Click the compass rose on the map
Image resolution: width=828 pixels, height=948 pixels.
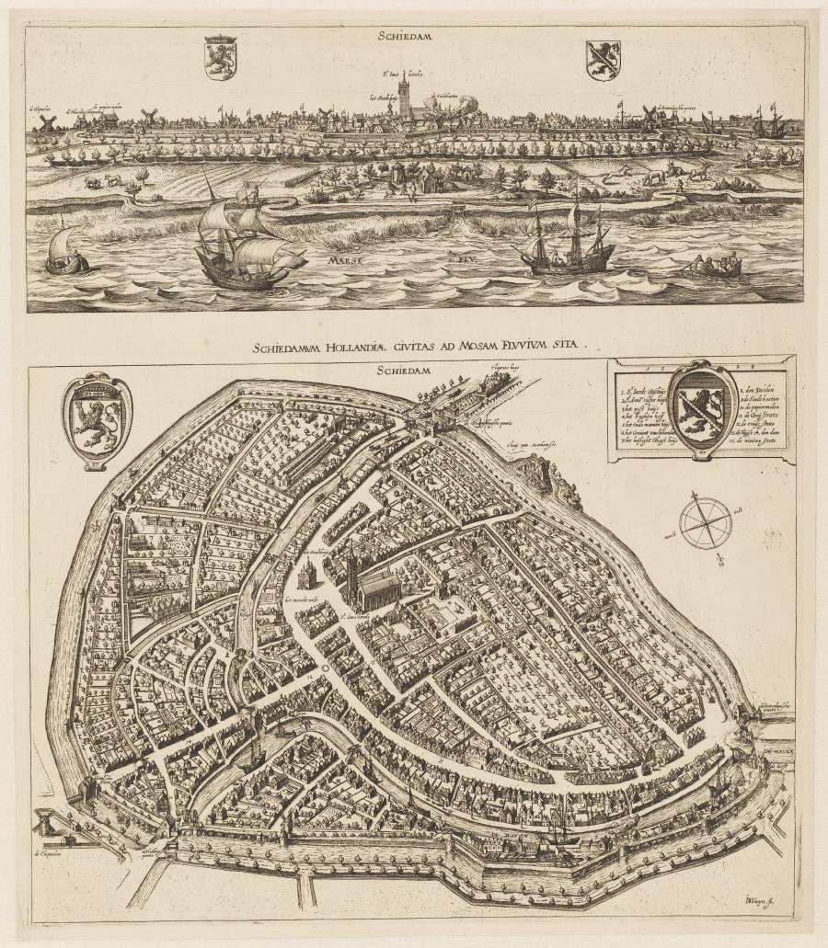(706, 521)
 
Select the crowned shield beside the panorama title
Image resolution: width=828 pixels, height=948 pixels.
(220, 57)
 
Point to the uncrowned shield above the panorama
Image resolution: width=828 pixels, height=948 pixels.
(603, 60)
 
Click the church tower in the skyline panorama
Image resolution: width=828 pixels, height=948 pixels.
(404, 95)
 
